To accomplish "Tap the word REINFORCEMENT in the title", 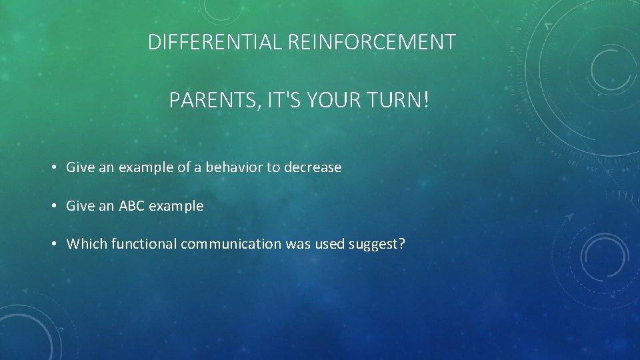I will pyautogui.click(x=373, y=43).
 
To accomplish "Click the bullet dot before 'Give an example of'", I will pyautogui.click(x=53, y=168).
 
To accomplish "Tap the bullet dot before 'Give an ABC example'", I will pyautogui.click(x=53, y=207).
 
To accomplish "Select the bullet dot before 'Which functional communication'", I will pyautogui.click(x=53, y=245).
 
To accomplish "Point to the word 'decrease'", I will pyautogui.click(x=313, y=168).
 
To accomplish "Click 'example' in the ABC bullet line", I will pyautogui.click(x=176, y=207).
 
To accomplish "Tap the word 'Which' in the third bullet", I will pyautogui.click(x=87, y=245).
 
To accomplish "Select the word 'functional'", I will pyautogui.click(x=143, y=245).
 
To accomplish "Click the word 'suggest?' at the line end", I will pyautogui.click(x=377, y=245).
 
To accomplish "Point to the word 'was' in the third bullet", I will pyautogui.click(x=298, y=245).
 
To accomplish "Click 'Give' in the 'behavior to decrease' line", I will pyautogui.click(x=81, y=168).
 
